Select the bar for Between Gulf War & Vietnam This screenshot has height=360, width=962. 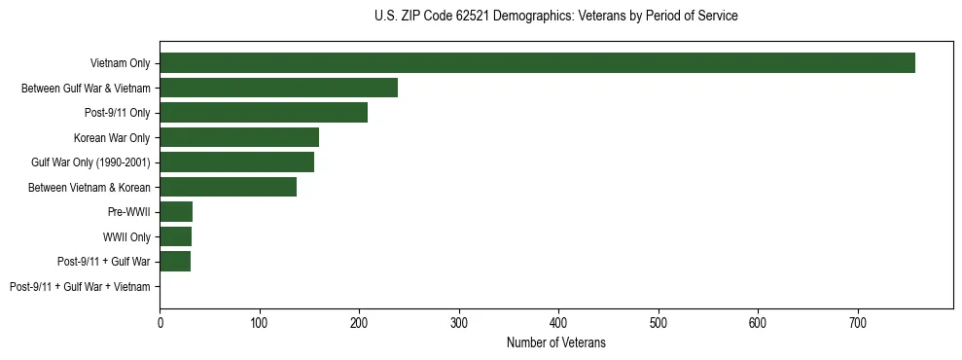(279, 89)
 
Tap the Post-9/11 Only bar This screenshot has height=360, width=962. (264, 113)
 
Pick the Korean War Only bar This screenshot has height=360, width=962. (239, 137)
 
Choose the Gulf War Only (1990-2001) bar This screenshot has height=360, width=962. (237, 162)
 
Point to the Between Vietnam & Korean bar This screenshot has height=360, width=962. (229, 187)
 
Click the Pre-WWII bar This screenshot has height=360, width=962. (176, 212)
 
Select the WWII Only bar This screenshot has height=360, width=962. (176, 236)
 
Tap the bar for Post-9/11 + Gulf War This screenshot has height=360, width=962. (175, 262)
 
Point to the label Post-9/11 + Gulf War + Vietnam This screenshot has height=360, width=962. (80, 287)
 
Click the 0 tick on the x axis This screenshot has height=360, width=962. (160, 319)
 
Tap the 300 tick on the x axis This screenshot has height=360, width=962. (459, 319)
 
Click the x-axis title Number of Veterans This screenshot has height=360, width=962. (556, 342)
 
